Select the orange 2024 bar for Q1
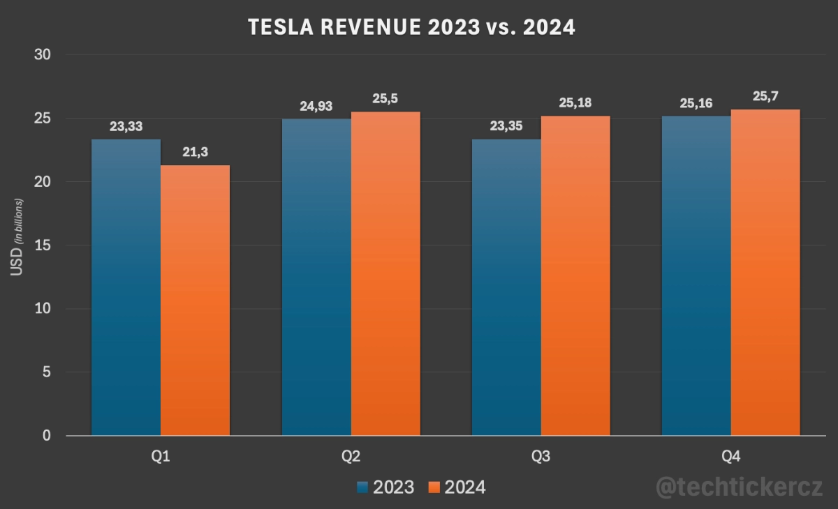pos(195,301)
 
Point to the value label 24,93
pos(316,107)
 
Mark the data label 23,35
pos(506,128)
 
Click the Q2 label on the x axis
pos(351,457)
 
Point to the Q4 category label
pos(730,457)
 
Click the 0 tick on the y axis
pos(47,436)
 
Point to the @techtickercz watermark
pos(740,487)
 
